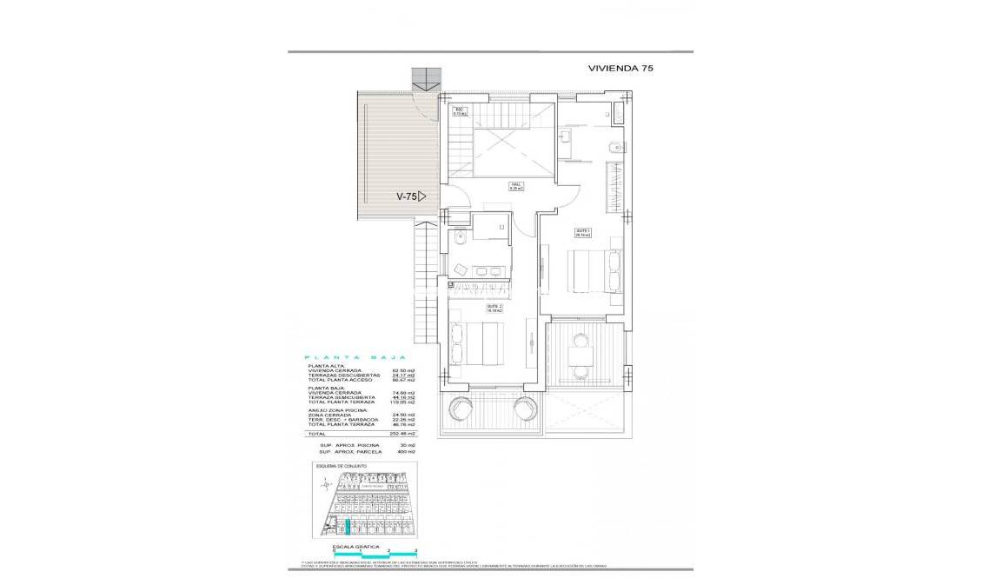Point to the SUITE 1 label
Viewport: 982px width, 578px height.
pos(582,232)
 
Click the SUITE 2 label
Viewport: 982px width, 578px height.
pos(493,308)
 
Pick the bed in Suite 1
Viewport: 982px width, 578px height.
pos(590,270)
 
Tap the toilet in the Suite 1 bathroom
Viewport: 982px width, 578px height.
pos(614,147)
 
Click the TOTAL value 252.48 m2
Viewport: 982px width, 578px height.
pos(402,433)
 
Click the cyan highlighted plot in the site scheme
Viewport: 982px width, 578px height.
pos(347,525)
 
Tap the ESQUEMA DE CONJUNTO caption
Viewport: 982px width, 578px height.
pos(343,467)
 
